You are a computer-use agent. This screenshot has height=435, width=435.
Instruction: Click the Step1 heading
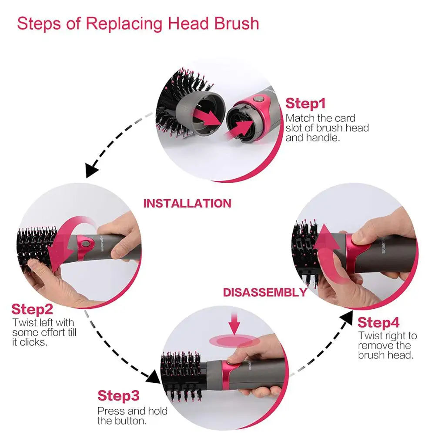[x=305, y=104]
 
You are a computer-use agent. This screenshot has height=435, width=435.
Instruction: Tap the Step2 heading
[x=32, y=309]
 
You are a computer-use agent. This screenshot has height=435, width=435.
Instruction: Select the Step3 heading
[x=118, y=396]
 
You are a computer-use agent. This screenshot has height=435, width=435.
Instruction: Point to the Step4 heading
[x=378, y=323]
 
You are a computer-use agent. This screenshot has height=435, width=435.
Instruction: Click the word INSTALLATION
[x=187, y=204]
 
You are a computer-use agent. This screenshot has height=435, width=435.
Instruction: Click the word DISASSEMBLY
[x=265, y=292]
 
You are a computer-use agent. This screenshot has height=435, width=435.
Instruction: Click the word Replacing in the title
[x=124, y=23]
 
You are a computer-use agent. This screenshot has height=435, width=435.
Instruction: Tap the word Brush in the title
[x=237, y=23]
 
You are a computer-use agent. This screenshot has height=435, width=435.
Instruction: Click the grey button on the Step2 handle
[x=85, y=244]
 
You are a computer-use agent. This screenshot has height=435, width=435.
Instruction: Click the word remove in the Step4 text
[x=376, y=346]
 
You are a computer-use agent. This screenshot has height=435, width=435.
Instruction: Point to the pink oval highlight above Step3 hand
[x=234, y=341]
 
